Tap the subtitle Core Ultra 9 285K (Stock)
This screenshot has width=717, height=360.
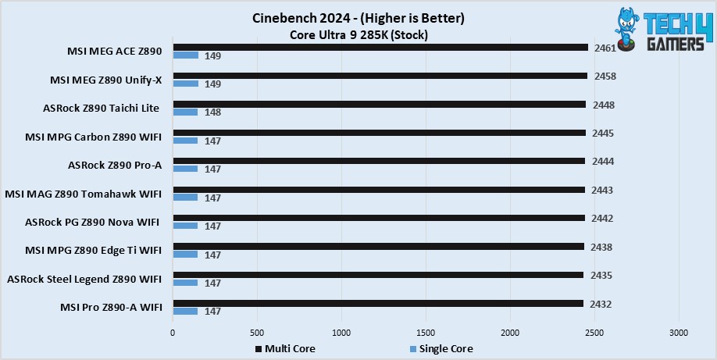358,35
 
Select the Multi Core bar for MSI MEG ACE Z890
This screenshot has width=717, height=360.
380,47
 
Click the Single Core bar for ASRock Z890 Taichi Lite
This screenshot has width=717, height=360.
185,112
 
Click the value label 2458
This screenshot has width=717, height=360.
605,76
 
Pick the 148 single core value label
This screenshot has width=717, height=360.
212,112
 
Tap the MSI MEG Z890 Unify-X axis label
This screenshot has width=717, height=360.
106,80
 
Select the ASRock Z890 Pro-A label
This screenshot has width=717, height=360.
115,165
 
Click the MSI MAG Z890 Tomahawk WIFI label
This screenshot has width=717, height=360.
84,194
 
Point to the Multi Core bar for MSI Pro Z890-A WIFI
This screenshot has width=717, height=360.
378,303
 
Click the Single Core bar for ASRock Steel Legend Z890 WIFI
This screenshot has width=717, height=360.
185,283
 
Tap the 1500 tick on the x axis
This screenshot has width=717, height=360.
426,333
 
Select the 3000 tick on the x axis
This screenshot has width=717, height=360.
679,333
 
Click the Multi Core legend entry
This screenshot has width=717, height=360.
285,349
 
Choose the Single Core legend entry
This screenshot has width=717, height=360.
441,349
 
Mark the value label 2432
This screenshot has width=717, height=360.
601,305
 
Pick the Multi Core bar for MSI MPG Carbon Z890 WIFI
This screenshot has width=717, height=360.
379,133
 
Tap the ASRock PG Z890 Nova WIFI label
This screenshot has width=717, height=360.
93,223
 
